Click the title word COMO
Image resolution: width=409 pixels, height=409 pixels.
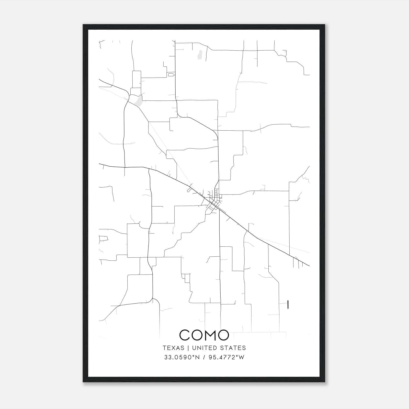pos(204,335)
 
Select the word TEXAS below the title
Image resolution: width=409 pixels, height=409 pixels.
pos(173,348)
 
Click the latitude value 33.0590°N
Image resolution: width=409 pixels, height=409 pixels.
pos(182,357)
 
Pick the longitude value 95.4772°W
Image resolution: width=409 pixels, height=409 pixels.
pos(226,357)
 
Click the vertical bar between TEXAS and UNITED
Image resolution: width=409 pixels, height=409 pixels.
pos(188,348)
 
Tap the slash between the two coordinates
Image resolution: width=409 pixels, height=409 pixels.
pos(204,357)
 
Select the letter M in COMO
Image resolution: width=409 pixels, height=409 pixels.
pos(207,335)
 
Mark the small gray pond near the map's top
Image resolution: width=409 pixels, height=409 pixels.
pos(200,54)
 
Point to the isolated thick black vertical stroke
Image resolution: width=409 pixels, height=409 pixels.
pos(288,304)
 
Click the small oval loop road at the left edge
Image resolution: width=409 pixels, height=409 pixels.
pos(103,239)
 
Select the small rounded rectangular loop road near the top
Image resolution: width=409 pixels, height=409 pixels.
pos(171,75)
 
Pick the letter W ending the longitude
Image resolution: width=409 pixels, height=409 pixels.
pos(242,357)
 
